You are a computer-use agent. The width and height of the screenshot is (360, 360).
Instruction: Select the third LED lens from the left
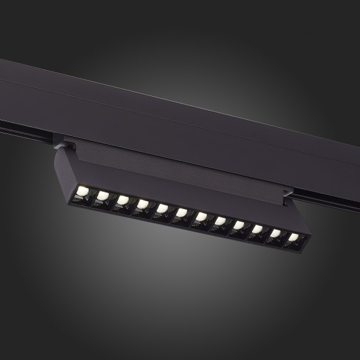click(123, 202)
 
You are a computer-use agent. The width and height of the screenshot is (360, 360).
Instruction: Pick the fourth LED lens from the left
click(143, 205)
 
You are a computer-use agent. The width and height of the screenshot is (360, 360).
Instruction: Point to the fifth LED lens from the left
click(162, 209)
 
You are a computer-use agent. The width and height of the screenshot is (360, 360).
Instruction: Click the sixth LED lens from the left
click(181, 213)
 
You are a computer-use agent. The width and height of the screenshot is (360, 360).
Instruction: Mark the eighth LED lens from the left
click(220, 221)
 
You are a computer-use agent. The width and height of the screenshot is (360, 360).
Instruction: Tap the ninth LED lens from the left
click(238, 225)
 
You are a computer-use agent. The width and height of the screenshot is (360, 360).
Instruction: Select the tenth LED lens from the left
click(257, 229)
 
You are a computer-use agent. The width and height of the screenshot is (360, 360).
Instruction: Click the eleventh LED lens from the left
click(275, 233)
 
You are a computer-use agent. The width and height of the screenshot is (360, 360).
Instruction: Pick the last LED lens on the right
click(292, 238)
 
